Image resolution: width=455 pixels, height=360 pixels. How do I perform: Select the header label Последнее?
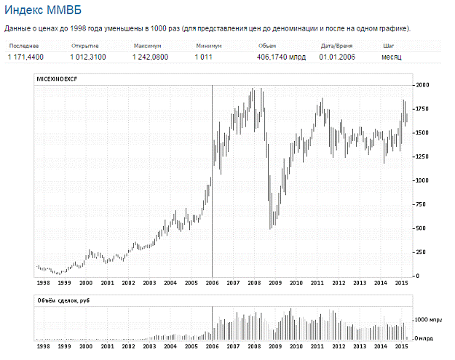[x=23, y=46]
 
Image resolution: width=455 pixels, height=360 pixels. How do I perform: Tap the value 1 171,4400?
[x=26, y=57]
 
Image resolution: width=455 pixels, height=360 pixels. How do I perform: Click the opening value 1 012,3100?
[x=89, y=57]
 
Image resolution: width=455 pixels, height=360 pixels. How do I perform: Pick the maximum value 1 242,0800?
[x=151, y=57]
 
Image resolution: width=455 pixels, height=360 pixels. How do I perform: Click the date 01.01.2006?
[x=337, y=57]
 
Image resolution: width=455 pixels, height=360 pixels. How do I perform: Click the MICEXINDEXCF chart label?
[x=57, y=79]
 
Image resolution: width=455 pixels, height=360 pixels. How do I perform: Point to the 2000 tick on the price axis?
[x=422, y=85]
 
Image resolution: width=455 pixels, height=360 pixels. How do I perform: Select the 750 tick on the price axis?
[x=420, y=204]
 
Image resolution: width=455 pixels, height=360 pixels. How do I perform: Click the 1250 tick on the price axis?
[x=422, y=156]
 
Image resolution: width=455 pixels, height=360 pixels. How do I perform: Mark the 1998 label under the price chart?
[x=44, y=283]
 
